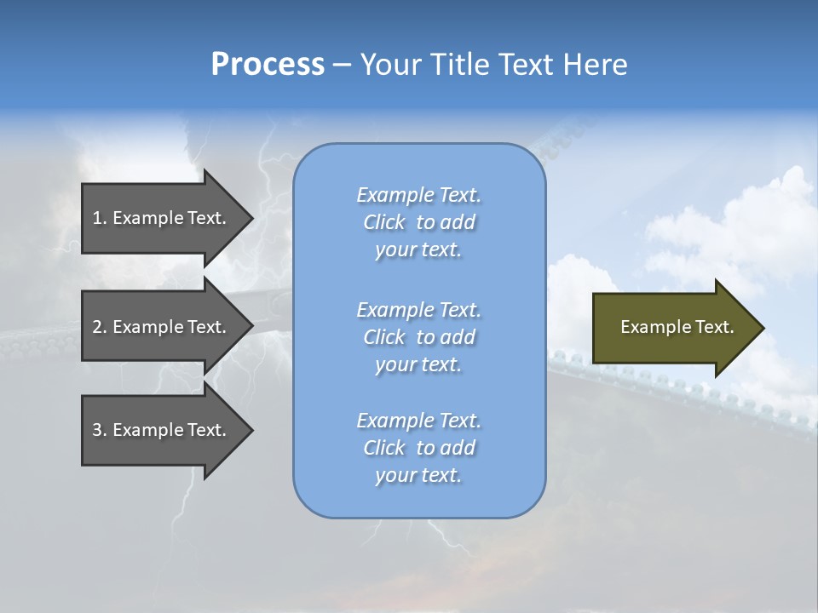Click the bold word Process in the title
(268, 65)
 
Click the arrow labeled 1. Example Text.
(159, 218)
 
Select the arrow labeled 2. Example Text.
(159, 327)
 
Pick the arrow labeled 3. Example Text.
(159, 430)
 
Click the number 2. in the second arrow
(100, 327)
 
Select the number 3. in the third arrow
(100, 430)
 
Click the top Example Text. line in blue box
(418, 195)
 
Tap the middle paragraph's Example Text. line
(418, 309)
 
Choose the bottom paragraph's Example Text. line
(418, 421)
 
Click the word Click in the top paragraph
(384, 222)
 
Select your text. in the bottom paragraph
(418, 475)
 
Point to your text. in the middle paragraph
(418, 364)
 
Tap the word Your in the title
(392, 65)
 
